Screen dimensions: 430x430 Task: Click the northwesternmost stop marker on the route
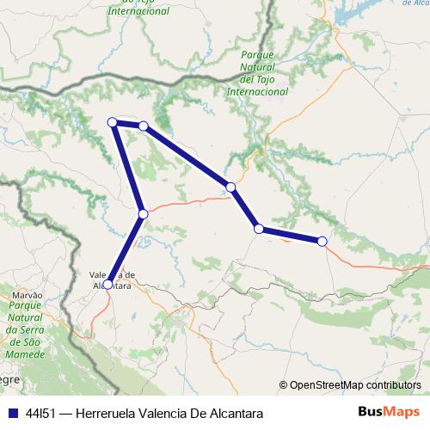click(x=112, y=122)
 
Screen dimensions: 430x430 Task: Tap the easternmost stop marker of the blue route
click(x=322, y=242)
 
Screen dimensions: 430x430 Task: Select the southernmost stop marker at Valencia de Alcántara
click(x=107, y=284)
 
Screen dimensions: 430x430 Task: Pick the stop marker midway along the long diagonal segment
click(x=230, y=187)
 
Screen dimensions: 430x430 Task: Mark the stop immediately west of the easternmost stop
click(x=258, y=228)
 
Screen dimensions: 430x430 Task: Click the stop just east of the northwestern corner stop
click(x=144, y=126)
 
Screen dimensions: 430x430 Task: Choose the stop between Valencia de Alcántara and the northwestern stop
click(x=144, y=213)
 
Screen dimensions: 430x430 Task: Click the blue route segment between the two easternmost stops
click(x=291, y=235)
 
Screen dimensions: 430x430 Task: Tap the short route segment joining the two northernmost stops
click(x=128, y=125)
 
